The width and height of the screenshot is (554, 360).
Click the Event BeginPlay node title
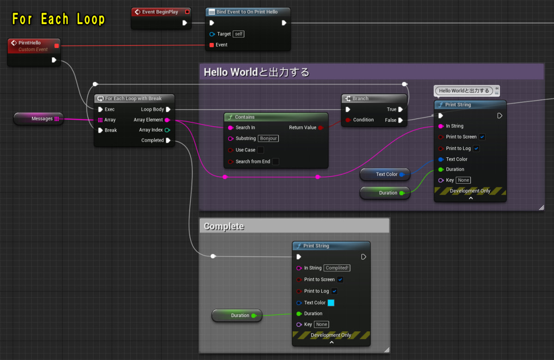[x=160, y=12]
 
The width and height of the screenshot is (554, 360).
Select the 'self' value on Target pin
[x=238, y=34]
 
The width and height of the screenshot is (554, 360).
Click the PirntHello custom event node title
[x=30, y=43]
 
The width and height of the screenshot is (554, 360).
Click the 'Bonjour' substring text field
[x=268, y=138]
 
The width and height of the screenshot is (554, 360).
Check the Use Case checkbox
[x=261, y=150]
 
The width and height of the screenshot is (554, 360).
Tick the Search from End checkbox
[x=276, y=162]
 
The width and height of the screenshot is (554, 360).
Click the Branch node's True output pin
[x=400, y=109]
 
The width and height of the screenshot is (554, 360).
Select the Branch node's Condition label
[x=363, y=120]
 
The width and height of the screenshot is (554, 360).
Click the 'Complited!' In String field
[x=337, y=268]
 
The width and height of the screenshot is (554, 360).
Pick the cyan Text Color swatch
[x=331, y=303]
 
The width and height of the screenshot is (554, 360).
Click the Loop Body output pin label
[x=152, y=109]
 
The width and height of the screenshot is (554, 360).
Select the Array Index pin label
[x=151, y=130]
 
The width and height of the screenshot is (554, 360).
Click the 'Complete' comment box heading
[x=224, y=226]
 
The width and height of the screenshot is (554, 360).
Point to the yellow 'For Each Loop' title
[x=58, y=19]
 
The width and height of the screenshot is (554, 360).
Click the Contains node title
[x=245, y=117]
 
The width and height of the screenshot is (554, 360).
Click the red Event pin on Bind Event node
[x=212, y=45]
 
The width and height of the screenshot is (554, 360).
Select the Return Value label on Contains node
[x=302, y=127]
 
